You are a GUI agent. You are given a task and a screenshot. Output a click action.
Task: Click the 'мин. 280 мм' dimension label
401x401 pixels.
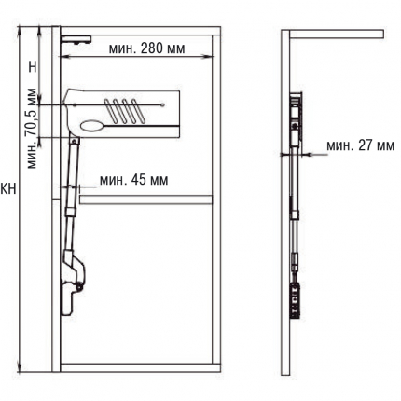point(146,48)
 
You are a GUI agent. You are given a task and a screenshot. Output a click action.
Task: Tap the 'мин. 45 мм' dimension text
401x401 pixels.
point(134,180)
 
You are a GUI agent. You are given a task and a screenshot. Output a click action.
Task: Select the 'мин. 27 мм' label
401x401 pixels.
point(361,145)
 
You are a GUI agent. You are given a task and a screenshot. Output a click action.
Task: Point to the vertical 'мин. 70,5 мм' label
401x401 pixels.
point(32,129)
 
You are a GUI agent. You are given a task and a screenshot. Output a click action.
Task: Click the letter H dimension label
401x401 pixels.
point(33,66)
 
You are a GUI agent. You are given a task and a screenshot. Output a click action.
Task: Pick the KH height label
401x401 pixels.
point(8,188)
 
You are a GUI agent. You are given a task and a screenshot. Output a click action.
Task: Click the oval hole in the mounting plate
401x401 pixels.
point(92,126)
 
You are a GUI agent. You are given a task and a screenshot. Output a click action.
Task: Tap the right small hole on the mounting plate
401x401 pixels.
point(162,104)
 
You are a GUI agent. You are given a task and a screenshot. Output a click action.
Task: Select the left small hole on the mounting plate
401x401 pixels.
point(75,105)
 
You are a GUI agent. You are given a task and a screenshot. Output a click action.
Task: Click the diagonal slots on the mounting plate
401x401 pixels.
point(124,111)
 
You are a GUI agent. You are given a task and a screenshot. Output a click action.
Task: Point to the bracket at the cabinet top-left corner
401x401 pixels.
point(76,39)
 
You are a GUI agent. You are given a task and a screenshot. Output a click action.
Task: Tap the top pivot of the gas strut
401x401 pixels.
point(75,142)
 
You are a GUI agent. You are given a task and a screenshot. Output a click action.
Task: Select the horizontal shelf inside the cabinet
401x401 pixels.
point(146,200)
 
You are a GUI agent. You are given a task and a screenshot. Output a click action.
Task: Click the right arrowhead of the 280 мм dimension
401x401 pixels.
point(211,57)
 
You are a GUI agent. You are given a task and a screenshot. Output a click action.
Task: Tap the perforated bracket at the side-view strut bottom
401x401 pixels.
point(296,300)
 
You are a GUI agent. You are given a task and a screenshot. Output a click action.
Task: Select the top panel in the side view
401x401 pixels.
point(337,35)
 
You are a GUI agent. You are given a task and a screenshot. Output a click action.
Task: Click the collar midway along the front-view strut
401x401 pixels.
point(71,212)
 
